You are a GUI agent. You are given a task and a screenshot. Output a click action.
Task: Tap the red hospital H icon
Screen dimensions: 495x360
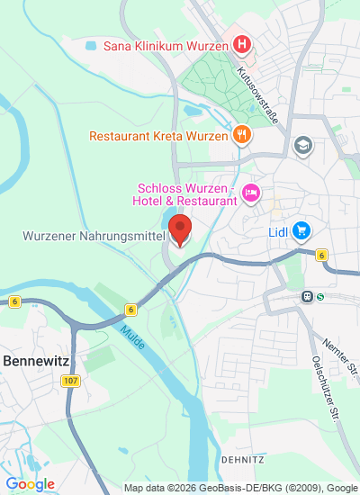coord(241,43)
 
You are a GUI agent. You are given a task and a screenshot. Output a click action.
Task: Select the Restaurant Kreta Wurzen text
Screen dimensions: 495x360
coord(158,137)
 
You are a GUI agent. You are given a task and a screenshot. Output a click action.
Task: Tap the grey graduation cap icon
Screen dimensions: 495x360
coord(303,144)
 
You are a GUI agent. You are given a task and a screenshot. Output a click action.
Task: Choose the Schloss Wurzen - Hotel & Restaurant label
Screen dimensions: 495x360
coord(185,194)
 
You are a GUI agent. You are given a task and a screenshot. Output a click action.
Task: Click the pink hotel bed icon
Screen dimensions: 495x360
coord(251,193)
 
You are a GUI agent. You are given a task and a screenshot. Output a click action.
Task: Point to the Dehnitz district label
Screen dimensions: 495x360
coord(239,458)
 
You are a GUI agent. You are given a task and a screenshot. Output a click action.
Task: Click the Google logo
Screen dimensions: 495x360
coord(29,484)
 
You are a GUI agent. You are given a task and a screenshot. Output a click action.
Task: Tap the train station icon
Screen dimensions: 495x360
coord(309,295)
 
